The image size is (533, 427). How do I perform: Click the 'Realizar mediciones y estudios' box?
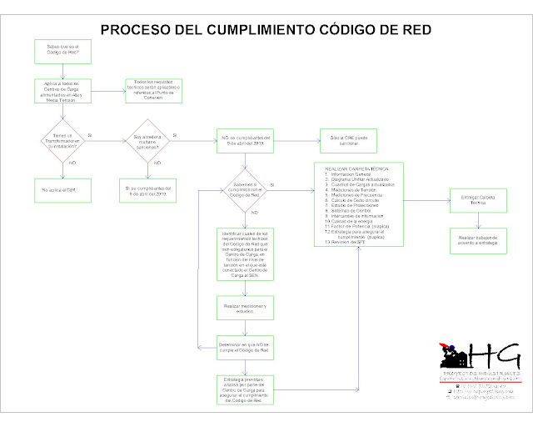(x=244, y=308)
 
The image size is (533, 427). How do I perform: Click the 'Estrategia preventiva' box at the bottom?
(x=244, y=389)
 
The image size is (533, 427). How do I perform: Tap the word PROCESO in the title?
(x=136, y=31)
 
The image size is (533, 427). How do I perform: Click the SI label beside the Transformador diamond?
(x=90, y=134)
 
